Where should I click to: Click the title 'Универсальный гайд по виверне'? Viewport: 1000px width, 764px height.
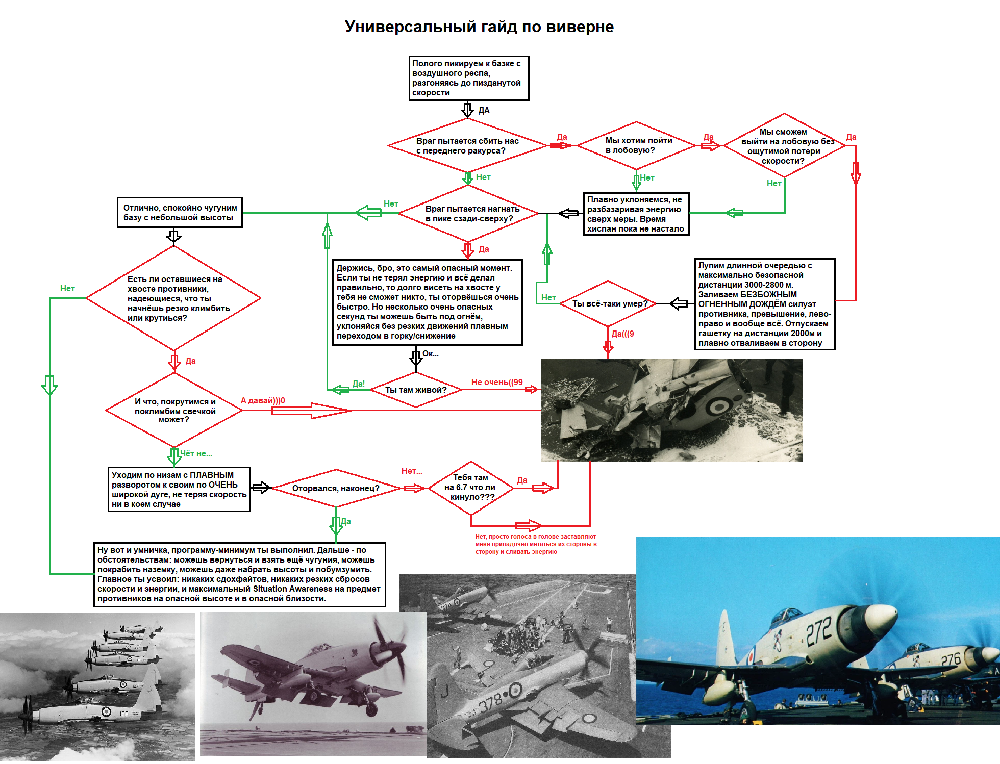tap(479, 27)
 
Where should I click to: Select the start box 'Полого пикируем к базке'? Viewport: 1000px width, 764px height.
tap(468, 78)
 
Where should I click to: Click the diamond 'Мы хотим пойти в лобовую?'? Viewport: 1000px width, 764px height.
tap(636, 145)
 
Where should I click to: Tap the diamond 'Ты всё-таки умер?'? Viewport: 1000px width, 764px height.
tap(608, 303)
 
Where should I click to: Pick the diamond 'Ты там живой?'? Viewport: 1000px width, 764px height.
tap(416, 390)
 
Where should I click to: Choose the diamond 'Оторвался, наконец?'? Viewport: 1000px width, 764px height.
tap(336, 488)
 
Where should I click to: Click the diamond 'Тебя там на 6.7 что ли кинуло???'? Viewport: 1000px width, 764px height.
tap(470, 488)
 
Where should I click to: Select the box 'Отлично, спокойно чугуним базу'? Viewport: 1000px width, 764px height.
tap(180, 213)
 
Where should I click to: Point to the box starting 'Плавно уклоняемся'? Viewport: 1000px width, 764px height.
tap(636, 214)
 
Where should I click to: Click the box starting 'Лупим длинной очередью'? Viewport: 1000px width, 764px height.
tap(764, 304)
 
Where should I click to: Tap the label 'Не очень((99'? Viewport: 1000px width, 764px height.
tap(497, 382)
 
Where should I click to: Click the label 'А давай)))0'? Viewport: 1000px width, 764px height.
tap(263, 400)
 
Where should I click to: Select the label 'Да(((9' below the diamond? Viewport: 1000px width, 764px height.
tap(623, 334)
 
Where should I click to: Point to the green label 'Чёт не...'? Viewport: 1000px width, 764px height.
tap(196, 453)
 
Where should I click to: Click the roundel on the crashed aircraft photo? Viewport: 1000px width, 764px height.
tap(720, 406)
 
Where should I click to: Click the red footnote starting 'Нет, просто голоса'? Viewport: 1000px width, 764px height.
tap(536, 544)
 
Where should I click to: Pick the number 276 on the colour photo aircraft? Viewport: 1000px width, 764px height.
tap(951, 660)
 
